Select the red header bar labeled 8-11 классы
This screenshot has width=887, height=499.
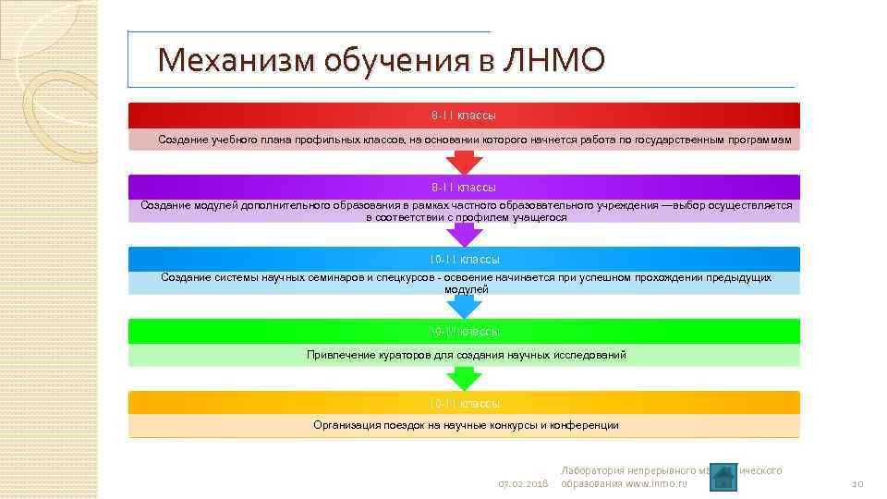(x=463, y=116)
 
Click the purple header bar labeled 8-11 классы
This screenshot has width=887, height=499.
(x=463, y=187)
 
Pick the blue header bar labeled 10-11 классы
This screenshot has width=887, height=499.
(x=463, y=259)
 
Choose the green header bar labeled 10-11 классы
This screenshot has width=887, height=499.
(x=463, y=331)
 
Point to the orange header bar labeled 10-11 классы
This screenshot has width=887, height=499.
(x=463, y=403)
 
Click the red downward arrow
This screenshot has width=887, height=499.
(x=464, y=162)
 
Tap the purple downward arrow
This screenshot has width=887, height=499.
(x=464, y=234)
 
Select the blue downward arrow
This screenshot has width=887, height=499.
(x=464, y=306)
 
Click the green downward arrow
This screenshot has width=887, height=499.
(x=464, y=378)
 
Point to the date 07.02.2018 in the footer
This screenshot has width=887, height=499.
(x=523, y=484)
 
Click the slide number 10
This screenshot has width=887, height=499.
(x=857, y=484)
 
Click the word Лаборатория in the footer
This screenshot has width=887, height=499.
(x=593, y=470)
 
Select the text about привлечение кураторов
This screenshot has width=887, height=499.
(x=466, y=355)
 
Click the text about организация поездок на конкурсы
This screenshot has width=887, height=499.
(x=466, y=425)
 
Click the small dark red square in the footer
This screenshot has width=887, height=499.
(x=724, y=475)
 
